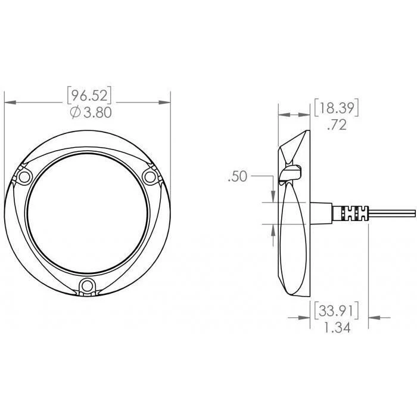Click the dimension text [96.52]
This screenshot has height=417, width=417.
click(x=89, y=95)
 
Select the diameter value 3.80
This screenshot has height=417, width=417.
click(x=98, y=113)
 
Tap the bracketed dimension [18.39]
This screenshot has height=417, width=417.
click(x=337, y=108)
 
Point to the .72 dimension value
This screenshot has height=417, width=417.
click(x=337, y=125)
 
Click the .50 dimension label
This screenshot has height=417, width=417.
click(x=238, y=176)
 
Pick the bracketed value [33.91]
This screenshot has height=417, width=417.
click(x=337, y=310)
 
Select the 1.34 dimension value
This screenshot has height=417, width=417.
click(x=337, y=328)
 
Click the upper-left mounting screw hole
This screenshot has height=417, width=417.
click(x=24, y=177)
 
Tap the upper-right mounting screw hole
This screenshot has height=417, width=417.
click(x=150, y=177)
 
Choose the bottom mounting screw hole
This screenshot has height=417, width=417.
click(x=87, y=287)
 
